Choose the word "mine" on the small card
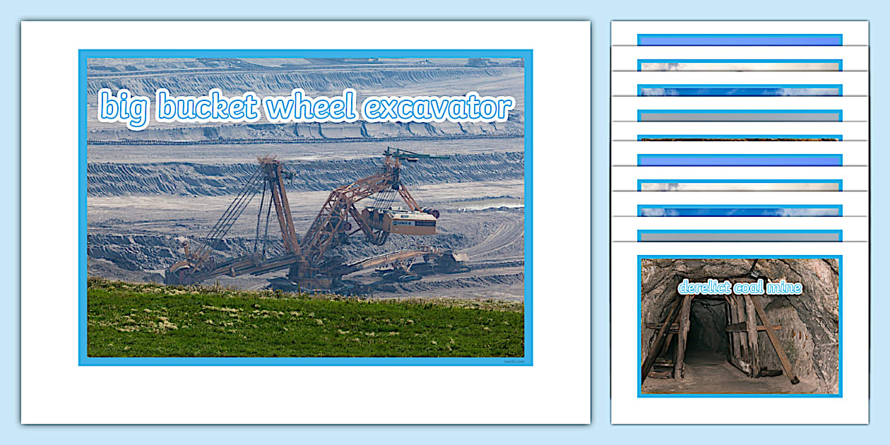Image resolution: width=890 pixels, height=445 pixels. [786, 287]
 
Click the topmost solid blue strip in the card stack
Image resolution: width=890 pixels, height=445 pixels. [739, 40]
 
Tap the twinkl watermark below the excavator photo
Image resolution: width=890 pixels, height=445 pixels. [514, 361]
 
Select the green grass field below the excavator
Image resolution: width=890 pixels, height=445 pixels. [304, 325]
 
